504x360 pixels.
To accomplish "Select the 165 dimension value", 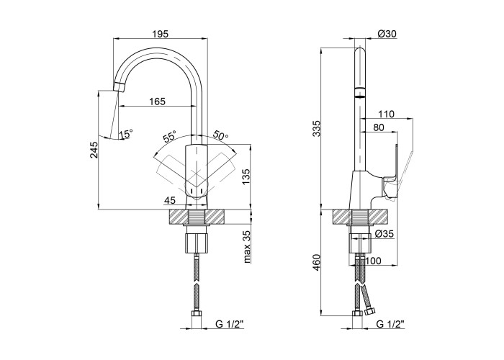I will [x=158, y=102].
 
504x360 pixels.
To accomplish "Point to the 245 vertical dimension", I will [x=94, y=150].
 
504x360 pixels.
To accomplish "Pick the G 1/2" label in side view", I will [x=390, y=324].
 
